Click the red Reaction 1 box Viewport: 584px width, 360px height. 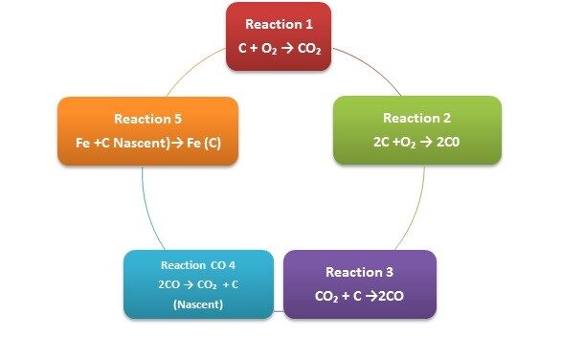point(279,36)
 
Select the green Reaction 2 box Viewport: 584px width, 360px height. point(417,130)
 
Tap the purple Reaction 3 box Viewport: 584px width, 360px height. point(360,284)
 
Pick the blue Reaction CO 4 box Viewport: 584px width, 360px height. point(198,284)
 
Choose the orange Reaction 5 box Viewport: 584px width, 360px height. point(147,131)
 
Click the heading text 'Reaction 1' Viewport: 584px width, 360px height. point(279,24)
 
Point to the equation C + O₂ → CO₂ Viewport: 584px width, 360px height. point(280,49)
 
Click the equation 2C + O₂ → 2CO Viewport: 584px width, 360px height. point(416,143)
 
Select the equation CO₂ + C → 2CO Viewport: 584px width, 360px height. point(359,297)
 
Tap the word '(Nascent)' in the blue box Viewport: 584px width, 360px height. point(198,304)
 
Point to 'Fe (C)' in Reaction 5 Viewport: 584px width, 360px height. point(204,143)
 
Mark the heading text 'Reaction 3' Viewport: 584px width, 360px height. point(359,272)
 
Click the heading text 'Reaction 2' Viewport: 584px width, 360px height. point(417,118)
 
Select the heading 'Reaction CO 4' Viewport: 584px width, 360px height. point(198,265)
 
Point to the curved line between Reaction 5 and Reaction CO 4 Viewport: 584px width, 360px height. point(147,210)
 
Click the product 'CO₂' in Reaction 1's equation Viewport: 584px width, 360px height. point(309,49)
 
